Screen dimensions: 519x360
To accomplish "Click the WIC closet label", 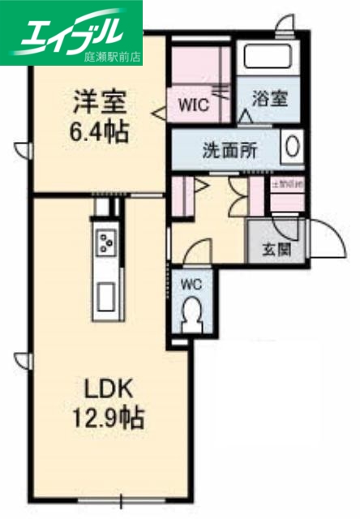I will pyautogui.click(x=194, y=105).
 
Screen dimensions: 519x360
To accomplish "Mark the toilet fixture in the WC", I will pyautogui.click(x=192, y=313).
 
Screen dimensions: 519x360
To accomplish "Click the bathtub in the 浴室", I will pyautogui.click(x=269, y=58).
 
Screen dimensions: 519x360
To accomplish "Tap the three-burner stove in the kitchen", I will pyautogui.click(x=106, y=240).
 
